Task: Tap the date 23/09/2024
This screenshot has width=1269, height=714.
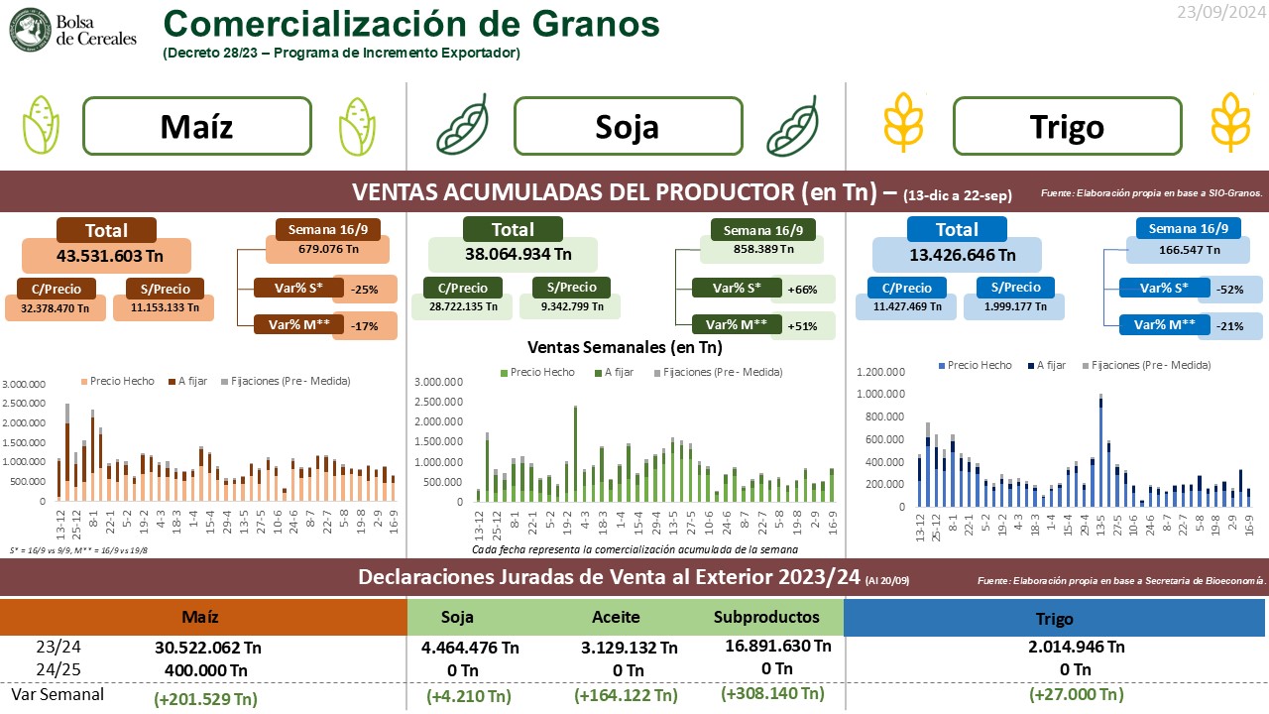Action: coord(1218,13)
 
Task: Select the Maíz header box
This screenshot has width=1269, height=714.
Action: coord(195,126)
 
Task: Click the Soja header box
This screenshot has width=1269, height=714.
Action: coord(628,126)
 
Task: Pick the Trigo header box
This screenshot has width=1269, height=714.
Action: coord(1067,126)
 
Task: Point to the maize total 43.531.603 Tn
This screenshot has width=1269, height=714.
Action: coord(107,256)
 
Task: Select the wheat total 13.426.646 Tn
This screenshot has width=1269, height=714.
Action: coord(957,255)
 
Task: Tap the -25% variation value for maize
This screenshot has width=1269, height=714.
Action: coord(364,290)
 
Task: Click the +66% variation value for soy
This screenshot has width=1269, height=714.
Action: coord(802,290)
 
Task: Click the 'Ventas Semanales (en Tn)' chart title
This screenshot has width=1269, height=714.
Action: coord(625,348)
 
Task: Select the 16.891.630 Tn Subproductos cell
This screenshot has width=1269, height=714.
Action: coord(778,646)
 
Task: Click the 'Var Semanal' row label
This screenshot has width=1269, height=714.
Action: coord(58,694)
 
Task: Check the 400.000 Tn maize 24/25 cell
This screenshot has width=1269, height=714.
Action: coord(205,669)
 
